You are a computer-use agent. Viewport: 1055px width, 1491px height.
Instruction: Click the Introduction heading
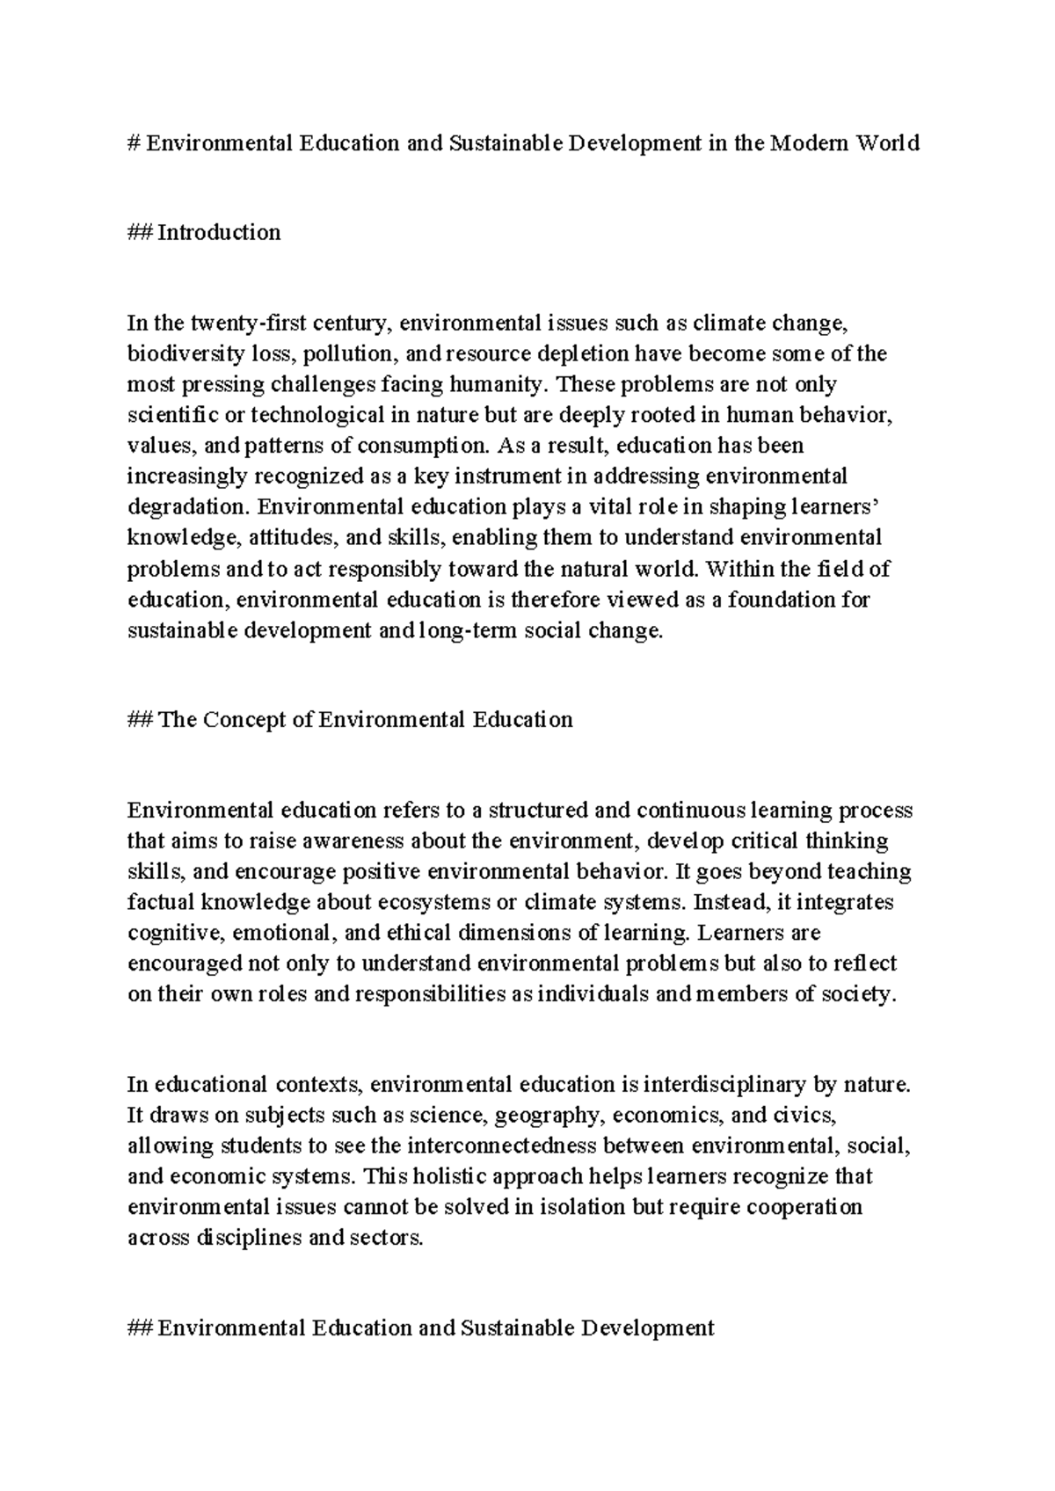tap(219, 233)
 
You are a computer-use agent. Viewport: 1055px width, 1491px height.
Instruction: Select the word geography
tap(549, 1116)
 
